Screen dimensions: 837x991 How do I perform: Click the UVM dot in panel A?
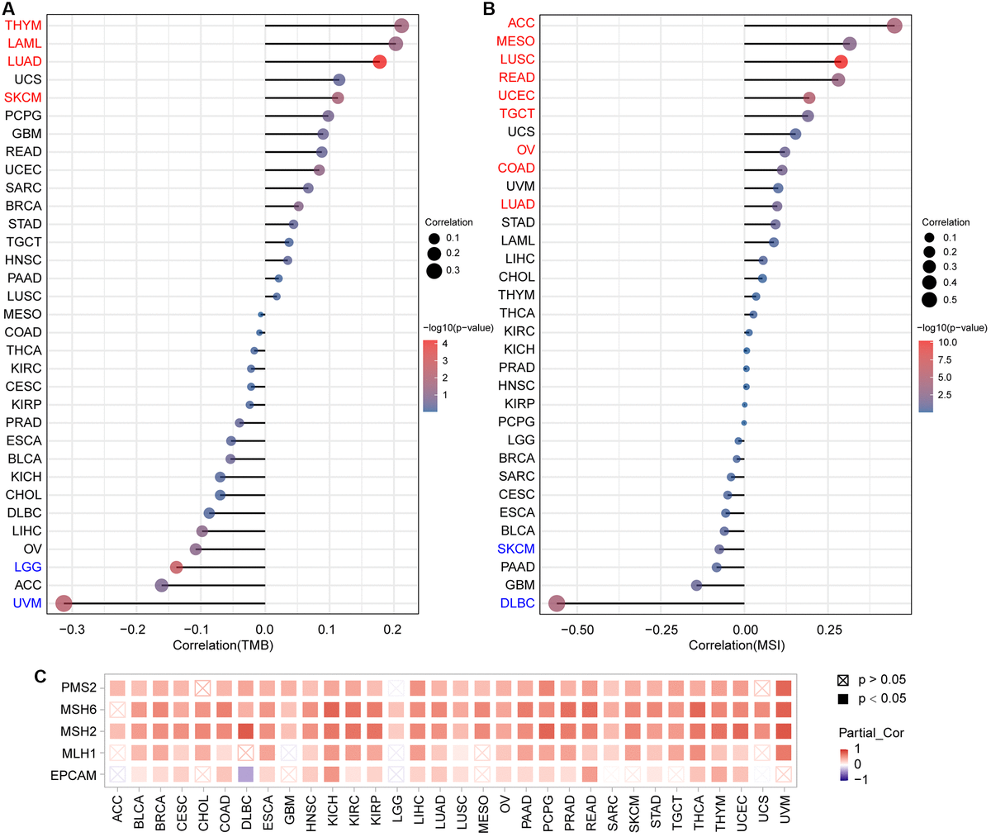coord(63,604)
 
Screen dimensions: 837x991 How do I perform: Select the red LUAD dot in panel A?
coord(379,62)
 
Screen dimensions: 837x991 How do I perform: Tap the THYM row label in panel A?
coord(23,26)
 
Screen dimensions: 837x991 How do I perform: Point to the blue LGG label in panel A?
coord(26,568)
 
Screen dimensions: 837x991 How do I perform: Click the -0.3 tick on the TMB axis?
coord(71,629)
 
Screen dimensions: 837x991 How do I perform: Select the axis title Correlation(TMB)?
coord(222,644)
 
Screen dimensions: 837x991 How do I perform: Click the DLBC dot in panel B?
coord(557,604)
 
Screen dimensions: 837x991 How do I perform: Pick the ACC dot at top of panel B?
coord(894,26)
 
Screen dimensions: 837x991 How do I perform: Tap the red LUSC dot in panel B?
coord(841,62)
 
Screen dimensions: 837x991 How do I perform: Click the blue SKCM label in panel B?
coord(516,549)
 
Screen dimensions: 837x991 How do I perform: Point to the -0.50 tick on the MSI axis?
coord(576,629)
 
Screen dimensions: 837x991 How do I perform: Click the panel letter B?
coord(489,9)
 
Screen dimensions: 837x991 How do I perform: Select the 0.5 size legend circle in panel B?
coord(929,300)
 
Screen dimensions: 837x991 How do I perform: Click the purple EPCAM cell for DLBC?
coord(245,775)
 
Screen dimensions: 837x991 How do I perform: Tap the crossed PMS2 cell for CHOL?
coord(202,687)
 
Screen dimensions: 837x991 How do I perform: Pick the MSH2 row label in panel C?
coord(81,731)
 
